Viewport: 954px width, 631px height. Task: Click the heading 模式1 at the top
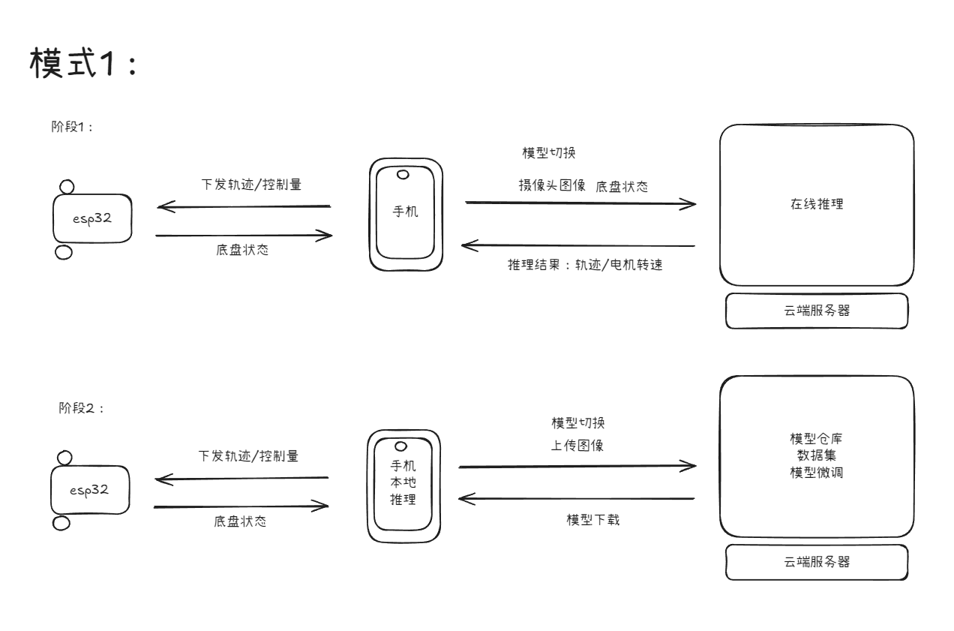coord(83,63)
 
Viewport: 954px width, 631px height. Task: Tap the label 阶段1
coord(71,127)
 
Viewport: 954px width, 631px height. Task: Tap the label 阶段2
coord(79,408)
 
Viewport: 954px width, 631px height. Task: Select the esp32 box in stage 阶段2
coord(89,490)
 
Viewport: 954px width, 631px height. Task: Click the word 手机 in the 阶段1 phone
coord(406,212)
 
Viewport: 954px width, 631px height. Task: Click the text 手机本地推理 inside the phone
coord(402,483)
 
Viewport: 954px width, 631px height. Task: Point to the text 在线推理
coord(817,203)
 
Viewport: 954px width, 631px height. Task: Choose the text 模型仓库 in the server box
coord(817,437)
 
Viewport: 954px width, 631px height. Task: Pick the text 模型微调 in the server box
coord(817,472)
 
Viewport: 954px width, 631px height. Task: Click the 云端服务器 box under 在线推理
coord(817,311)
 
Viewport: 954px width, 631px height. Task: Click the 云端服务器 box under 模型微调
coord(817,561)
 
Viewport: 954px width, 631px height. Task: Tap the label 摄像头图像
coord(551,185)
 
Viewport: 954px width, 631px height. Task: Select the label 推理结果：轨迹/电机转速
coord(585,265)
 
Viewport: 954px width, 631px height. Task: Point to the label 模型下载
coord(592,519)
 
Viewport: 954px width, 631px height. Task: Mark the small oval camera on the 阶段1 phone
coord(403,175)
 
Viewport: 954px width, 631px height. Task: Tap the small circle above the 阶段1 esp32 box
coord(66,186)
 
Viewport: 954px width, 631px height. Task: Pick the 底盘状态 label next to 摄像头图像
coord(622,185)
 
